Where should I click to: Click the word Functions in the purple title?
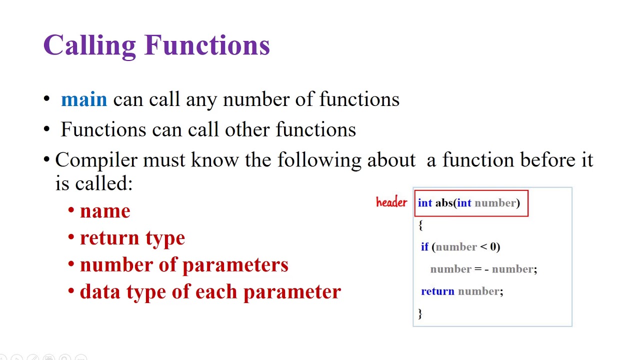click(207, 45)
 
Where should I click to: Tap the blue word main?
click(84, 99)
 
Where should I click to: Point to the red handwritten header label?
click(391, 202)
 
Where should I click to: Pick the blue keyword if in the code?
click(424, 246)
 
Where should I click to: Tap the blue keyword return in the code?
click(437, 291)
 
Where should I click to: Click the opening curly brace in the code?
click(420, 225)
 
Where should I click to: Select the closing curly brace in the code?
click(420, 313)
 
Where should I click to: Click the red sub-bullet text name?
click(105, 211)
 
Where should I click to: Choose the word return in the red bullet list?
click(109, 238)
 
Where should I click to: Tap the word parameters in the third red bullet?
click(235, 265)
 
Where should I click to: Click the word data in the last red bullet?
click(100, 291)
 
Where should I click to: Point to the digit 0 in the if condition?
click(493, 246)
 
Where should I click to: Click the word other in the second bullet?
click(247, 129)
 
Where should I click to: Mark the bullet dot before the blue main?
click(46, 99)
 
